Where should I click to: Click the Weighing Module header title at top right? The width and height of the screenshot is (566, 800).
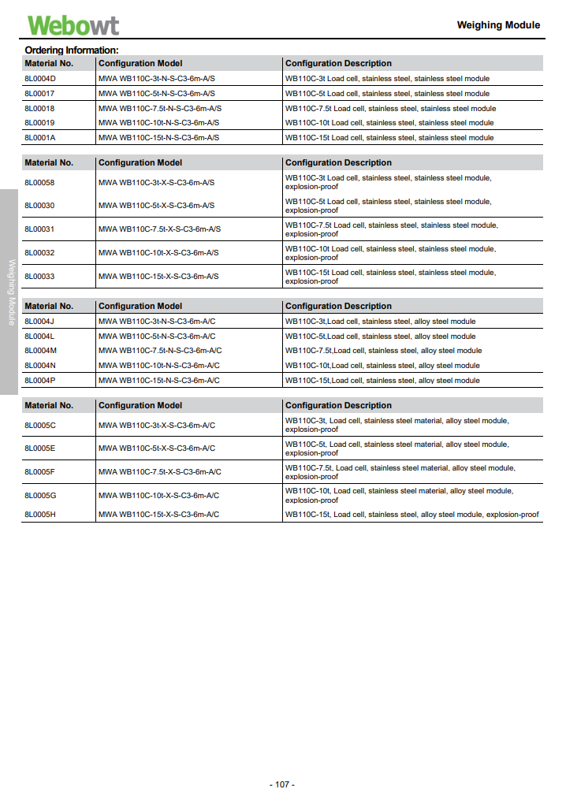coord(498,25)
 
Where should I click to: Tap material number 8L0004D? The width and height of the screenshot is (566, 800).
coord(40,79)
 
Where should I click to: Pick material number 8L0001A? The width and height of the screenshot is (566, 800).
coord(40,138)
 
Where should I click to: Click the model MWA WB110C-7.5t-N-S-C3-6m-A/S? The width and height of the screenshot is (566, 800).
coord(160,109)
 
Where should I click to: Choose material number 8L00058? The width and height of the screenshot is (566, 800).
coord(39,183)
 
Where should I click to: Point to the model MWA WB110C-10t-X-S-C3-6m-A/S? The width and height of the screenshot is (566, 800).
coord(158,253)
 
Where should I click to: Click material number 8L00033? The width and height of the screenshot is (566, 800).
coord(39,277)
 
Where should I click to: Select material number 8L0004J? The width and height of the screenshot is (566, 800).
coord(39,322)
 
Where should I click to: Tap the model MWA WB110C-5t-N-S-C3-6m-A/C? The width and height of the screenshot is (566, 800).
coord(157,337)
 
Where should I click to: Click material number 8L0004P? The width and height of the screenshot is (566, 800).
coord(40,381)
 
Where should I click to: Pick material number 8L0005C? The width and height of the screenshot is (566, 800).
coord(40,426)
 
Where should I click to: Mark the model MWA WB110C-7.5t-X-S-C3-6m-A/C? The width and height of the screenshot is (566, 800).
coord(160,472)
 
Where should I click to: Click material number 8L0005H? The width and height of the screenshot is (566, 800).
coord(40,515)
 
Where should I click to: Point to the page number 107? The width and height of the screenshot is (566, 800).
coord(282,785)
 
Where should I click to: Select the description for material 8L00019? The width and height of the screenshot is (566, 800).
coord(389,123)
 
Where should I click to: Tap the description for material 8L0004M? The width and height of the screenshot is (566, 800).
coord(383,351)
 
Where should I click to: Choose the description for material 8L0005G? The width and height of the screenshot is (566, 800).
coord(399,495)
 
